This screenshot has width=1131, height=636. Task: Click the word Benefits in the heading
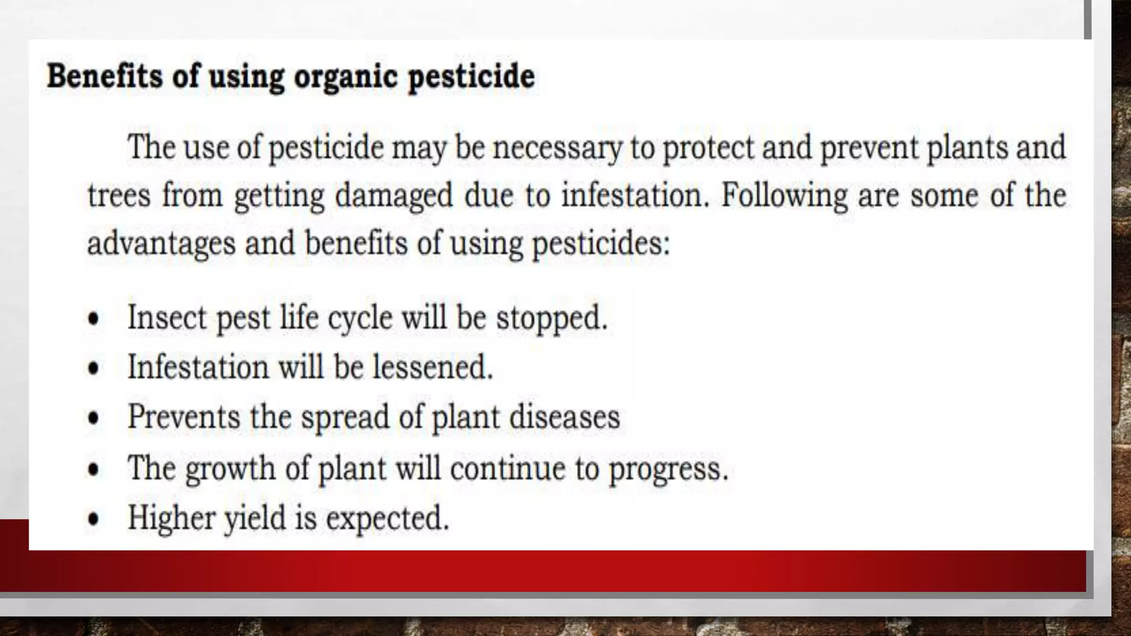104,76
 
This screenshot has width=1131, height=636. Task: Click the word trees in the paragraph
119,195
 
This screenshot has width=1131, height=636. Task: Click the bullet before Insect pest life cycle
94,319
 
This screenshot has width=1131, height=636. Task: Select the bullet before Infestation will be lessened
94,368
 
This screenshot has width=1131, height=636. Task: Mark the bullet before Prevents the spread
94,417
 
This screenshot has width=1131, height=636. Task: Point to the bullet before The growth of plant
94,469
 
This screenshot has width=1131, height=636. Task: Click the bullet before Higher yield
94,518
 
